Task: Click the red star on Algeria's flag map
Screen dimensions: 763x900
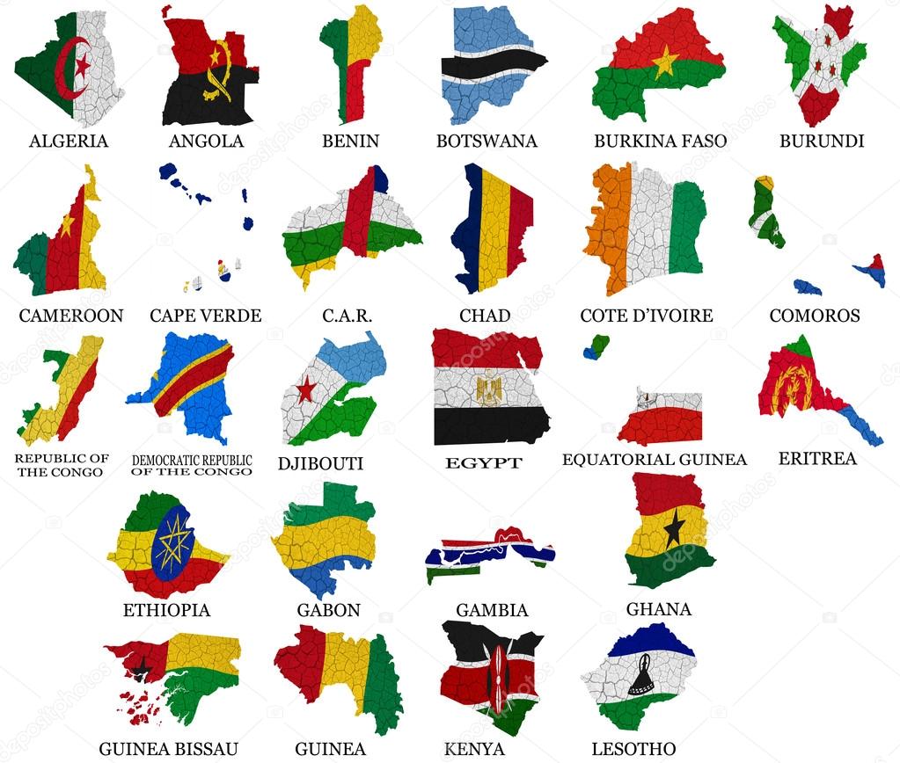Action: point(82,65)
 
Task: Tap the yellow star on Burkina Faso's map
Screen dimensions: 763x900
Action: point(665,62)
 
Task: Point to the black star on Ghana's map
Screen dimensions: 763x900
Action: point(674,528)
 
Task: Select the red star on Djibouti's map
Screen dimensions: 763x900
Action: point(306,389)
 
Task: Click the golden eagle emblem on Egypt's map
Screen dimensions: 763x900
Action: point(489,386)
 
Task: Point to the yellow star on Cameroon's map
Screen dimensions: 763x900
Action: point(67,225)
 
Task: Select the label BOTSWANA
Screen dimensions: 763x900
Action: point(487,141)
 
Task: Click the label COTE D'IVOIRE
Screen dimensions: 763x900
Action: point(647,316)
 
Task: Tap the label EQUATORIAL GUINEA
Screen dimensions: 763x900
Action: point(654,459)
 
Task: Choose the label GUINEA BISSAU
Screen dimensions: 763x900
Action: point(168,749)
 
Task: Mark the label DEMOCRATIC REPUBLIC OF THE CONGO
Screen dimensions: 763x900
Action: point(192,465)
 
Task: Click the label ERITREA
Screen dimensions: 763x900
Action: point(817,459)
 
